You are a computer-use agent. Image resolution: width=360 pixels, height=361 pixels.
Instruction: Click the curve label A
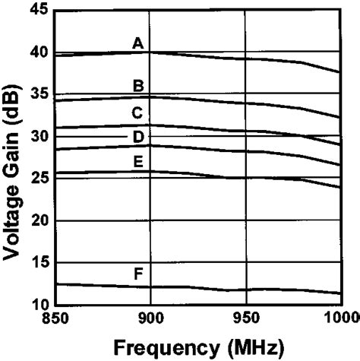pyautogui.click(x=138, y=44)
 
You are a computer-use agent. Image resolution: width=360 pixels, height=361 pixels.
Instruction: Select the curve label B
pyautogui.click(x=138, y=86)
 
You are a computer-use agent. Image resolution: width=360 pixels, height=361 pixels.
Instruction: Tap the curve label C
pyautogui.click(x=137, y=113)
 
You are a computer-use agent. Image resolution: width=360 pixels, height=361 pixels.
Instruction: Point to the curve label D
pyautogui.click(x=138, y=137)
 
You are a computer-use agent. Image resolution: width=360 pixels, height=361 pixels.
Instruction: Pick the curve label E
pyautogui.click(x=138, y=161)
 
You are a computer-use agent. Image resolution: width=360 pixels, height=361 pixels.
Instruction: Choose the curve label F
pyautogui.click(x=138, y=274)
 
